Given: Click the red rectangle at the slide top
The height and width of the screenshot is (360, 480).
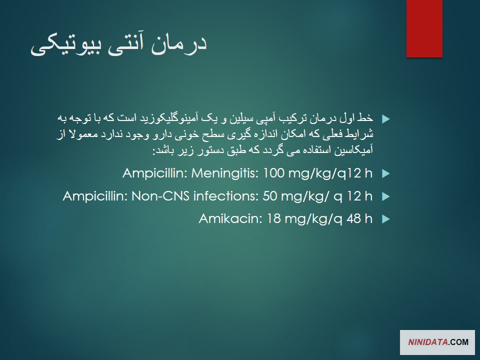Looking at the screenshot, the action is pyautogui.click(x=424, y=28).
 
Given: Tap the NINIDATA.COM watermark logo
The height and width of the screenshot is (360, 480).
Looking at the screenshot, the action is pyautogui.click(x=437, y=342).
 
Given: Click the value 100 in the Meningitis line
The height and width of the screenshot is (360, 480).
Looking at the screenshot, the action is pyautogui.click(x=273, y=173).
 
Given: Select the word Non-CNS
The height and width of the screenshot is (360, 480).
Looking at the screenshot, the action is pyautogui.click(x=160, y=196).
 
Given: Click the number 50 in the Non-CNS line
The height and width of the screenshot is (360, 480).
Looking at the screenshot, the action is pyautogui.click(x=269, y=196).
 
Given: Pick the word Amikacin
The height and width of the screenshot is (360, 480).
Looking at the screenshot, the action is pyautogui.click(x=230, y=218).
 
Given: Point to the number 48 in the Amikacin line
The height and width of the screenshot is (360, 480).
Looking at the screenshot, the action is pyautogui.click(x=354, y=218).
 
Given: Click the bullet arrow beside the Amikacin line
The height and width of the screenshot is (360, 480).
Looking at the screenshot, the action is pyautogui.click(x=386, y=219).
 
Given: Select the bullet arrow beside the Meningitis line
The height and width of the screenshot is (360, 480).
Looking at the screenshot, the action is pyautogui.click(x=386, y=174).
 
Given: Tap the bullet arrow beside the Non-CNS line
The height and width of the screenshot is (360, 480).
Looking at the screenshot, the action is pyautogui.click(x=386, y=196).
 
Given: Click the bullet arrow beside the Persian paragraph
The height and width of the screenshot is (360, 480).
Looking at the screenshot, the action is pyautogui.click(x=386, y=119).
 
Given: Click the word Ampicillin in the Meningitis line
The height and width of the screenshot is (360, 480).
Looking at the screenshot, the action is pyautogui.click(x=155, y=173).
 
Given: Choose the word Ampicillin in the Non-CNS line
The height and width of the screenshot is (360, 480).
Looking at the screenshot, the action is pyautogui.click(x=95, y=196).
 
